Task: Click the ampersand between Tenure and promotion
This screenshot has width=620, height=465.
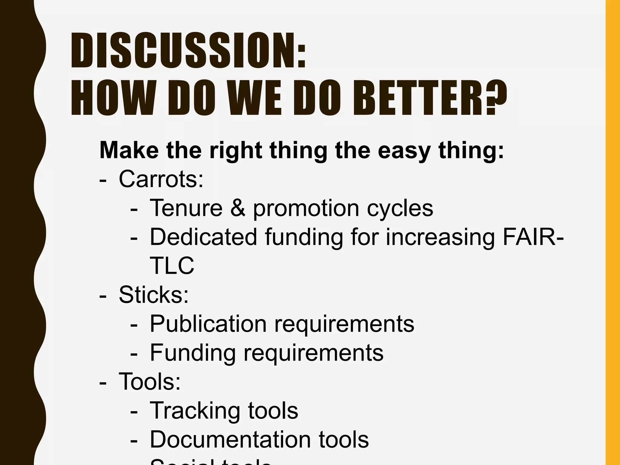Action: coord(238,208)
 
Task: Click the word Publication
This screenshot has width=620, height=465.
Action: coord(208,324)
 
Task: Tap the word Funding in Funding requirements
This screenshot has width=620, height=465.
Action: coord(193,353)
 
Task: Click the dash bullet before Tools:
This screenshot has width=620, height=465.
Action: coord(103,382)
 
